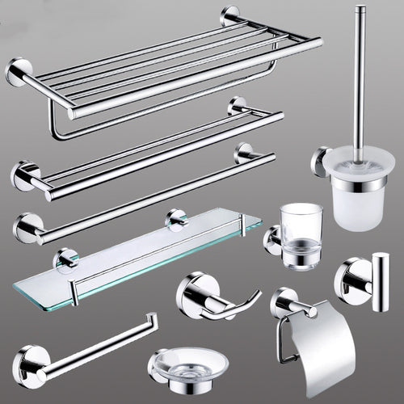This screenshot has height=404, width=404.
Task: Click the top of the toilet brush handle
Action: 360,11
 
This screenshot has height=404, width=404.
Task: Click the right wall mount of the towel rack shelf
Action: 230,17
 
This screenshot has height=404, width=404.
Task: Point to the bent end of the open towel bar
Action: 150,321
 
